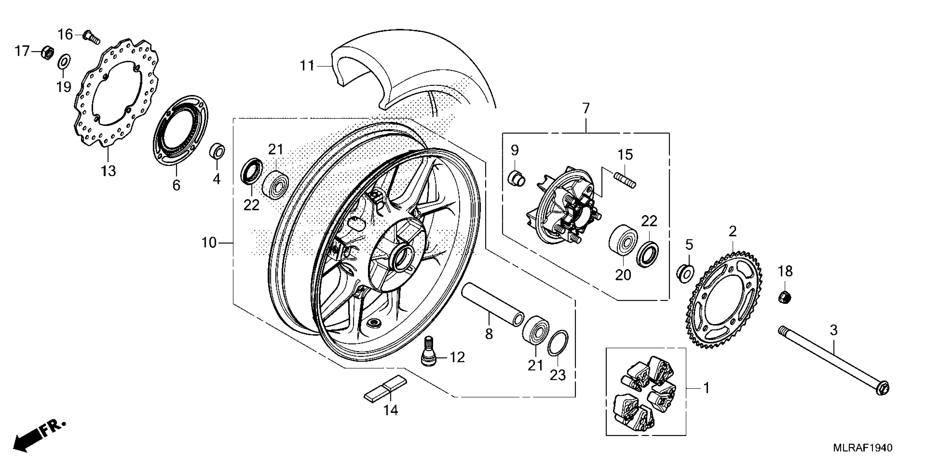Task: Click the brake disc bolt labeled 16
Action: tap(91, 37)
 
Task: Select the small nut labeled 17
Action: tap(47, 53)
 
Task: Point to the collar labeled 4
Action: tap(217, 152)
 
